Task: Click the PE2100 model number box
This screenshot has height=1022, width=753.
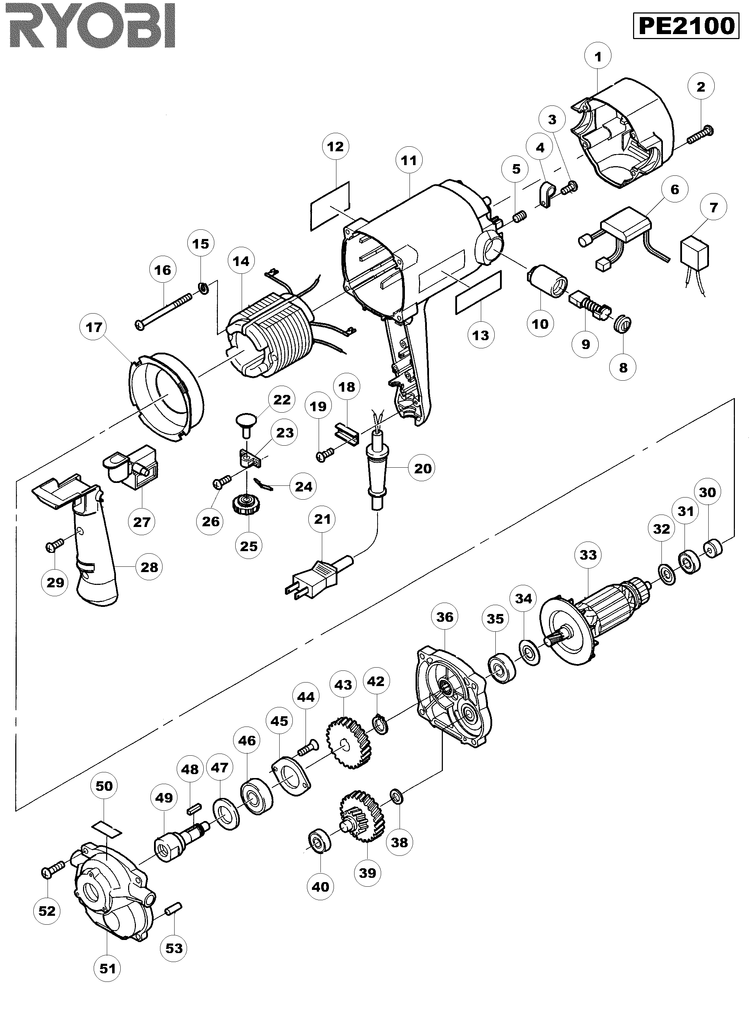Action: (x=686, y=26)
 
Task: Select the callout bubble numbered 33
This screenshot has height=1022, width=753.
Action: (x=588, y=555)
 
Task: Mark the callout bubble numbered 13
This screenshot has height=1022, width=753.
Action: (x=481, y=335)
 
